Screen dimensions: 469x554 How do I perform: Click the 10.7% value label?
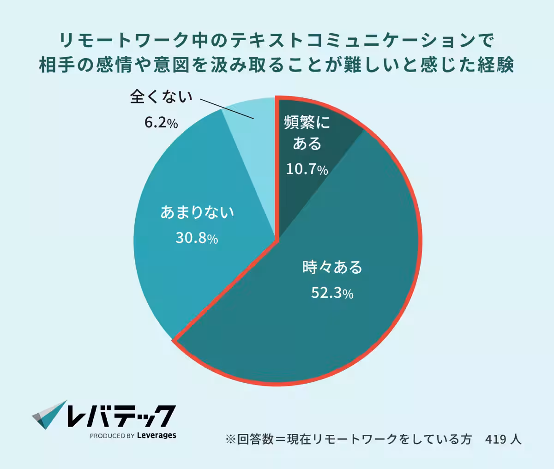(x=307, y=169)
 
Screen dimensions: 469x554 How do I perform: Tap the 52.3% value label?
(x=332, y=293)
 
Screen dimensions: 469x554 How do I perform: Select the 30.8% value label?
(x=197, y=238)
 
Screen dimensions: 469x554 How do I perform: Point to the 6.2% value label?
(x=161, y=123)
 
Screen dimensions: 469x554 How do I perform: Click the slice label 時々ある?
(x=332, y=267)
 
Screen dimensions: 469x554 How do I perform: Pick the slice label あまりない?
(x=197, y=212)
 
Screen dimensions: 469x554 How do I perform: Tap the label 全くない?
(x=161, y=96)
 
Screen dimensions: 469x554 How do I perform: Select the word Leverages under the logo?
(x=157, y=435)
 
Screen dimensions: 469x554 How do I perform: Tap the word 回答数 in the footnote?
(x=256, y=439)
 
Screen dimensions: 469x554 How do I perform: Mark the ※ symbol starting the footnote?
(x=230, y=439)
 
